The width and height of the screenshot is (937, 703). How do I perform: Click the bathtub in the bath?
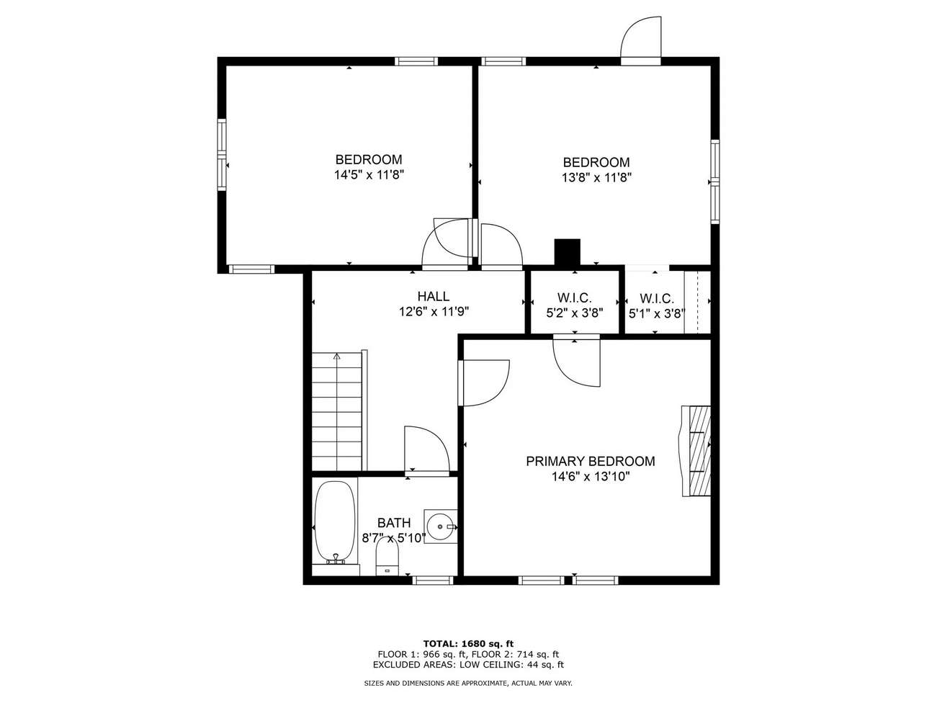[x=335, y=524]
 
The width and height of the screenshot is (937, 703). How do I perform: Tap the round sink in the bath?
[x=439, y=527]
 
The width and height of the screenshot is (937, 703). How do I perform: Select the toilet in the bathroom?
[x=386, y=558]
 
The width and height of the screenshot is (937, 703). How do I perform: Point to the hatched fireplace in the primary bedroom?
[x=696, y=451]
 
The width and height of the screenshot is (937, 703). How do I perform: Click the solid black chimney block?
[x=567, y=252]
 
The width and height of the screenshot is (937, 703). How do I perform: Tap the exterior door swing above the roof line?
[x=640, y=40]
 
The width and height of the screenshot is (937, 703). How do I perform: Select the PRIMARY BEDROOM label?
[x=591, y=461]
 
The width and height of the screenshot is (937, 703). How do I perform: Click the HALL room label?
[x=434, y=296]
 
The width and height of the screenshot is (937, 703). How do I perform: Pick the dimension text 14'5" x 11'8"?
[x=369, y=174]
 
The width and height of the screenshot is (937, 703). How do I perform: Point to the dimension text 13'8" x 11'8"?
[x=596, y=177]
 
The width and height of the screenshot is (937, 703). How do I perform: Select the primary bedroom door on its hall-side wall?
[x=484, y=383]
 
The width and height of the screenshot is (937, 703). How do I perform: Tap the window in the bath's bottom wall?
[x=432, y=580]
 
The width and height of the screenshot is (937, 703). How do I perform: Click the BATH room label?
[x=393, y=522]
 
